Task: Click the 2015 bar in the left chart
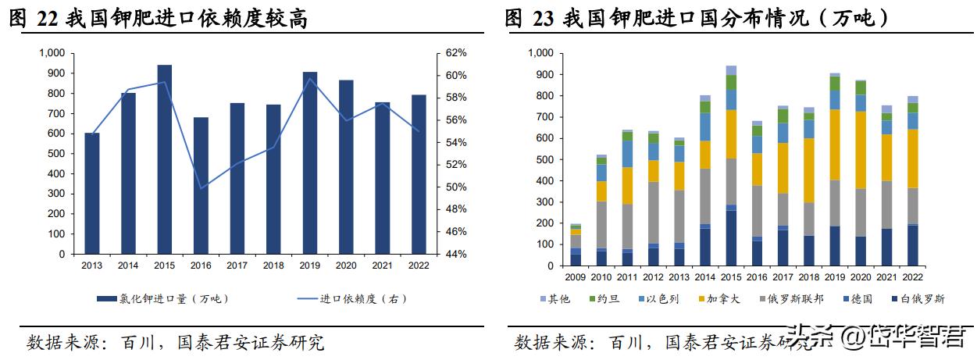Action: (164, 160)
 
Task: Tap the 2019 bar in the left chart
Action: (310, 163)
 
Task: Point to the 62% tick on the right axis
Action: (456, 53)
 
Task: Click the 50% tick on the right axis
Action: (456, 187)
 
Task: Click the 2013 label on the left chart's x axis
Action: (92, 266)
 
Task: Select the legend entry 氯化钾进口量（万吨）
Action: (164, 298)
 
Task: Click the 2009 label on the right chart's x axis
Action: (576, 277)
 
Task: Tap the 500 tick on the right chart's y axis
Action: (544, 159)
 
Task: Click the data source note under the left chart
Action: (175, 342)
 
